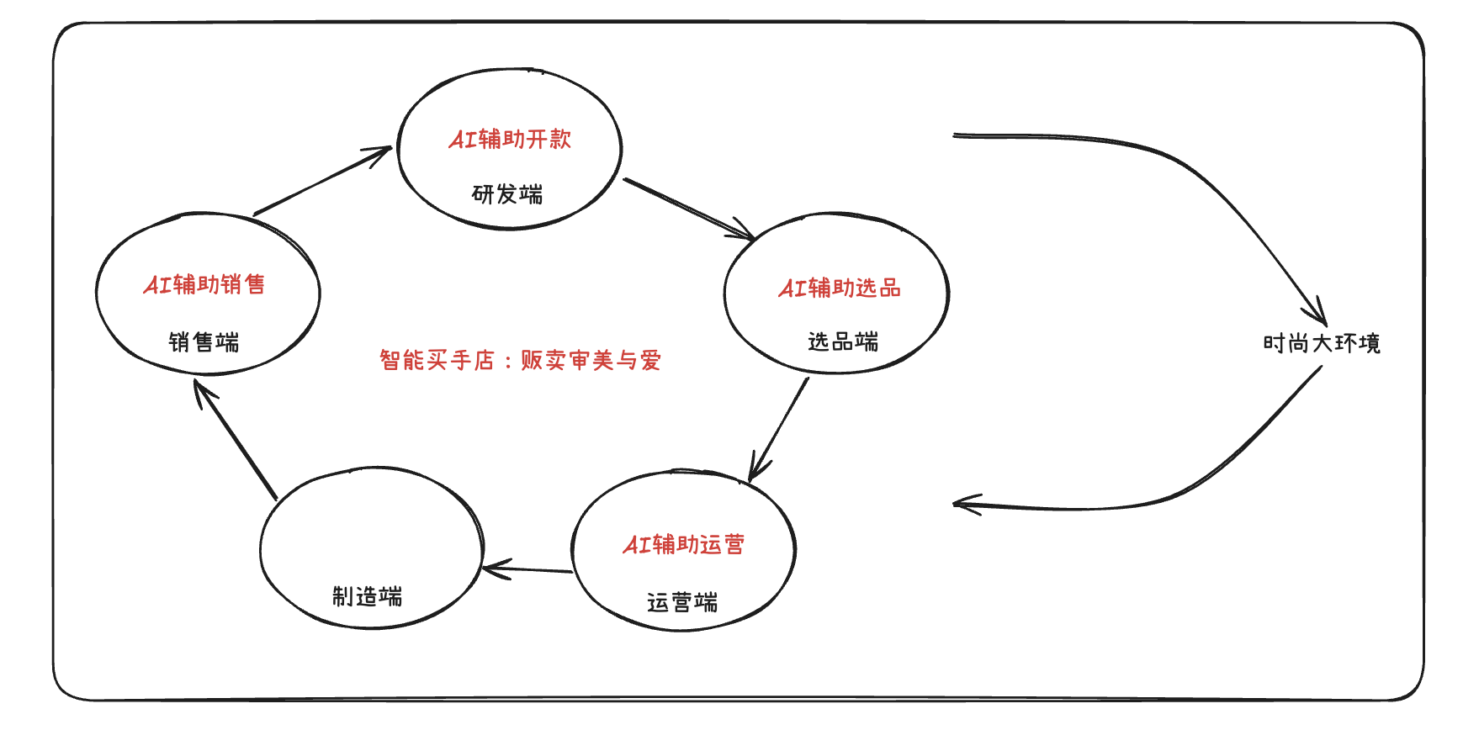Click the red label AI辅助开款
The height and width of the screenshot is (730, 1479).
point(510,139)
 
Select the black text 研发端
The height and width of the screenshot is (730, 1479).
point(507,194)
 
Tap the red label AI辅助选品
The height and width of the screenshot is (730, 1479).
point(840,288)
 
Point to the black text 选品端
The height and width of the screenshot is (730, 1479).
point(843,341)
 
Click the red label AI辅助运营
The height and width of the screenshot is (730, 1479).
point(683,544)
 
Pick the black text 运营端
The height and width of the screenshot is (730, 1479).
point(682,602)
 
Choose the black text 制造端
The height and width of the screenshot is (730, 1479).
point(367,596)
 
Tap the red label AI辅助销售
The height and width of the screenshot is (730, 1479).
point(204,284)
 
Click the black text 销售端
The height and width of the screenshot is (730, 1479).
point(204,341)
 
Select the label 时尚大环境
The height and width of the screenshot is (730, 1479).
point(1321,343)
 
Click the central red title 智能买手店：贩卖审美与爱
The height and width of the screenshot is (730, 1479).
point(520,360)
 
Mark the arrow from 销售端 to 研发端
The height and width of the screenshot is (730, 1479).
point(322,181)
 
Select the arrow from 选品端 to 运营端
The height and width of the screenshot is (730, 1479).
point(779,429)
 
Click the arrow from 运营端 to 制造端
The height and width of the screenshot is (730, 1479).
point(528,570)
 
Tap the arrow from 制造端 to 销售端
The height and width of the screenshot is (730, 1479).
point(236,440)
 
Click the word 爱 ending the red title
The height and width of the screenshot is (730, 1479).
point(650,360)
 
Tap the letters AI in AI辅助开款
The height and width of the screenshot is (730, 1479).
point(463,140)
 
